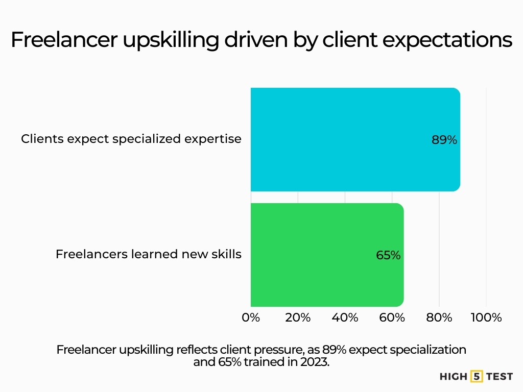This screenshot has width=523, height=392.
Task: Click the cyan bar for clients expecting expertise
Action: [355, 139]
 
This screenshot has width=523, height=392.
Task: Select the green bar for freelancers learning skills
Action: [327, 255]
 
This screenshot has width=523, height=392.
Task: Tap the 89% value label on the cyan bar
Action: [444, 140]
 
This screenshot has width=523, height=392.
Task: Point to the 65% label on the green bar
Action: [388, 255]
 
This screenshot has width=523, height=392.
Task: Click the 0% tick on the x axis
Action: [251, 317]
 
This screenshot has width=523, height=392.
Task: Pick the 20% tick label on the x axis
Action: [298, 317]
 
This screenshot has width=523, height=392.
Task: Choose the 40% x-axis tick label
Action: [345, 317]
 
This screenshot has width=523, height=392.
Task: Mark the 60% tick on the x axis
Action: [392, 317]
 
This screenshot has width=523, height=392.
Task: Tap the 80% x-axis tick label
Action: [439, 317]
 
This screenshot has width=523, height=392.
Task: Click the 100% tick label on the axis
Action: [486, 317]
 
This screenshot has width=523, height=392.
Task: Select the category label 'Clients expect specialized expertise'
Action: [131, 139]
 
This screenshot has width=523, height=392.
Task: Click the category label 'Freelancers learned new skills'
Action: [148, 254]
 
